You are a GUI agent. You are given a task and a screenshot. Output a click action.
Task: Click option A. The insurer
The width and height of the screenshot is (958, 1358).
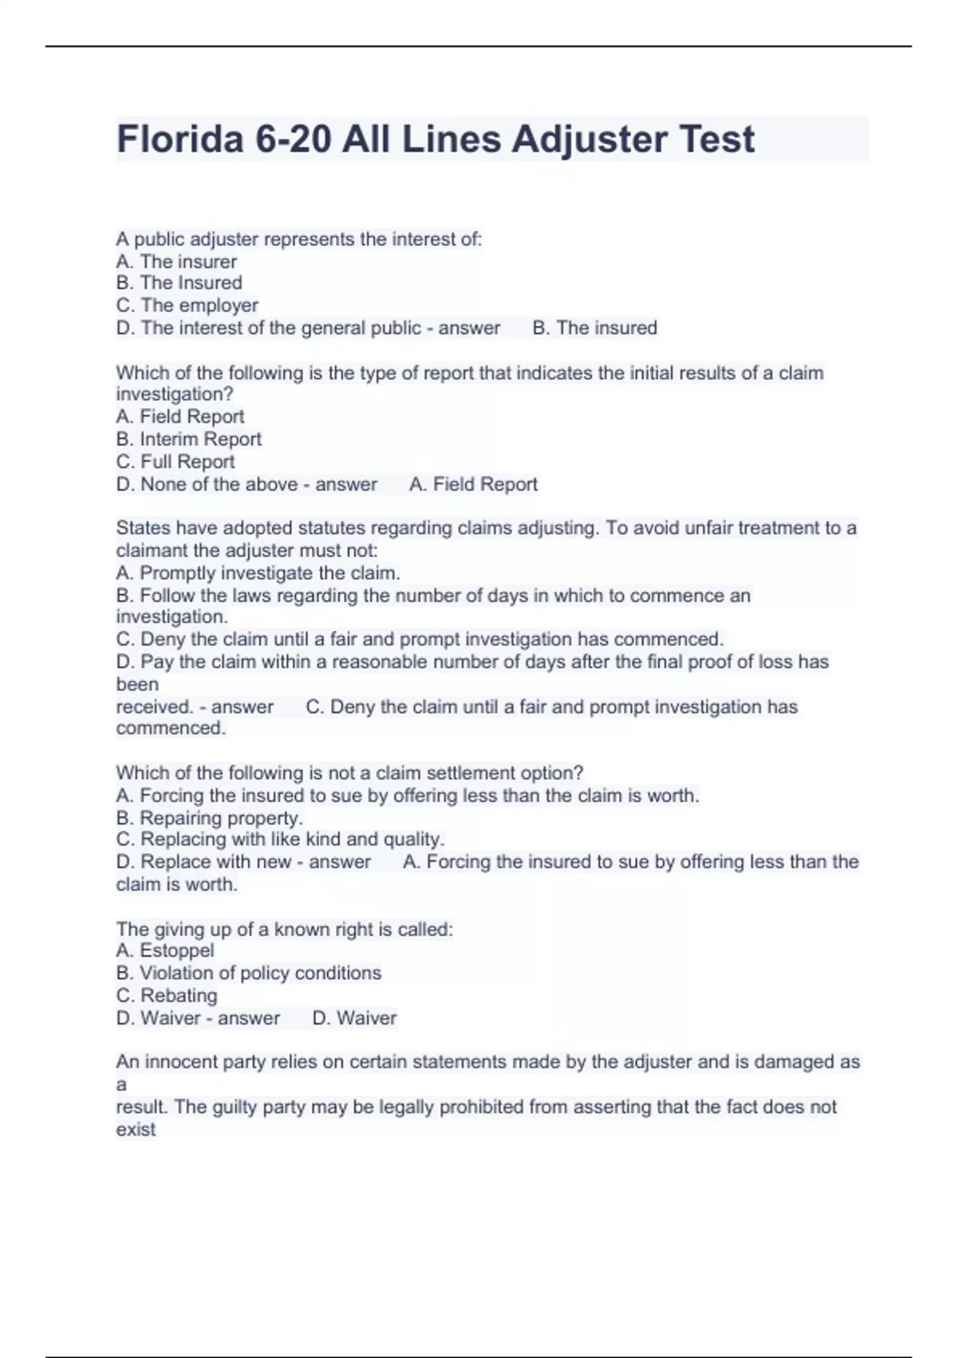tap(176, 261)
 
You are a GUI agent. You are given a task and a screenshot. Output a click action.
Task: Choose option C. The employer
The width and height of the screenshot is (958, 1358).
tap(187, 305)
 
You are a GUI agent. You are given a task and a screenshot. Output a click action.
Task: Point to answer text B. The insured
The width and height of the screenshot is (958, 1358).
tap(595, 328)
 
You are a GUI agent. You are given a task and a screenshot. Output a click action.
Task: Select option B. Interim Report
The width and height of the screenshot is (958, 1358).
tap(188, 439)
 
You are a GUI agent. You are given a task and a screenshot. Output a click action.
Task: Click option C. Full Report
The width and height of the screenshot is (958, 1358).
tap(176, 462)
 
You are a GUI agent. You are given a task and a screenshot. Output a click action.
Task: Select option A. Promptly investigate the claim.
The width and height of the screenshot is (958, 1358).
tap(258, 573)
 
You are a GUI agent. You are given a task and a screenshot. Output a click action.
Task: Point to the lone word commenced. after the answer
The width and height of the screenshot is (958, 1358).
tap(171, 728)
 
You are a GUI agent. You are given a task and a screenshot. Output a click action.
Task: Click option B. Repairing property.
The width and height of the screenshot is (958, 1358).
tap(209, 818)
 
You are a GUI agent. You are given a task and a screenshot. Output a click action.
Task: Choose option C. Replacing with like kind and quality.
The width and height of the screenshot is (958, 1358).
tap(280, 839)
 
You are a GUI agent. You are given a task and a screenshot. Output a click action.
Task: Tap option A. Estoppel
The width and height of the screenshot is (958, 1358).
tap(165, 950)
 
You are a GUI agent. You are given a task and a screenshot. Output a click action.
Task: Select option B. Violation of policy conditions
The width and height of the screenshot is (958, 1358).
tap(248, 973)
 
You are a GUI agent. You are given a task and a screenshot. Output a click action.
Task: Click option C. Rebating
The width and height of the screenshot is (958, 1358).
tap(167, 995)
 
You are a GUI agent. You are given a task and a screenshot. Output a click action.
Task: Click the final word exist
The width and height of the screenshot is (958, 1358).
tap(136, 1129)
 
